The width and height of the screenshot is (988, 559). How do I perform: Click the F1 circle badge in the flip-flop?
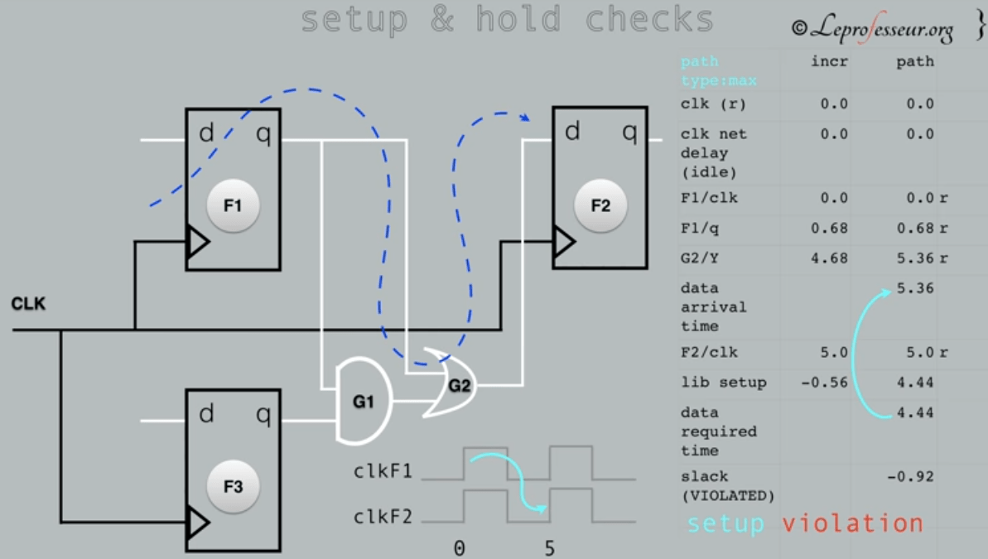(233, 205)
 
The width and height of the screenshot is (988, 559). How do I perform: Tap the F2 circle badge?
(600, 205)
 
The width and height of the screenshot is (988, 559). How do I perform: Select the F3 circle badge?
(233, 486)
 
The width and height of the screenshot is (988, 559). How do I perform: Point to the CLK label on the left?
(28, 305)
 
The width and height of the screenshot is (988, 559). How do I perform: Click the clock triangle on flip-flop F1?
(197, 243)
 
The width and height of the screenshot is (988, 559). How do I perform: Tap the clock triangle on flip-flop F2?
(564, 242)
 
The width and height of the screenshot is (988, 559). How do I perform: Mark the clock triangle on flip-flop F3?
(197, 523)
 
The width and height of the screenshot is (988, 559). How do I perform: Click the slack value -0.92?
(914, 476)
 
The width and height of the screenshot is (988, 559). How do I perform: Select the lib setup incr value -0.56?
(825, 383)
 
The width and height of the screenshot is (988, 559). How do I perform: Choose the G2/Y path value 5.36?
(914, 258)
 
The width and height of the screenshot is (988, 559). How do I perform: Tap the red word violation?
(852, 523)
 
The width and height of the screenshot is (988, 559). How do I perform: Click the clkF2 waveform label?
(383, 518)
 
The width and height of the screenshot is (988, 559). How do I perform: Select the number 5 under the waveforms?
(549, 548)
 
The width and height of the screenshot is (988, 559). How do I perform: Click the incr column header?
(829, 61)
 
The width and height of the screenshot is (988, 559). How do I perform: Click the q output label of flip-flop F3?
(263, 414)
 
